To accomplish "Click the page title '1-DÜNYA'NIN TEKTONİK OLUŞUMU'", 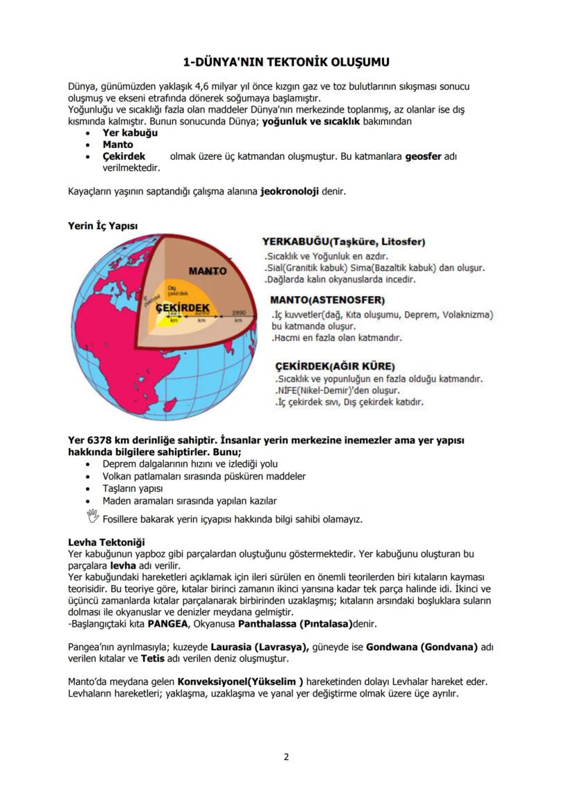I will click(286, 62).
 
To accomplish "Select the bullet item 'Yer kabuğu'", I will click(130, 133).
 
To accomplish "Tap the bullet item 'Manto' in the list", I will click(118, 145).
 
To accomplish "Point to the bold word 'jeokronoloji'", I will click(289, 191).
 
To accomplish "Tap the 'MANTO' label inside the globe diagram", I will click(208, 270).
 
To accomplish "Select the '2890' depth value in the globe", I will click(239, 313).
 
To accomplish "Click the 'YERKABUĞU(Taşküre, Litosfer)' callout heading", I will click(344, 242).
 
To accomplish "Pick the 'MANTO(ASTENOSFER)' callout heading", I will click(327, 301).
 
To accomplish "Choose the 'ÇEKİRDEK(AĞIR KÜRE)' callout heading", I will click(335, 365).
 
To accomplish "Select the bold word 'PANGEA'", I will click(167, 623).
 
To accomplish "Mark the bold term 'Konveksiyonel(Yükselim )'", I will click(240, 682).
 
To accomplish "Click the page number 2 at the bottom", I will click(286, 756).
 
